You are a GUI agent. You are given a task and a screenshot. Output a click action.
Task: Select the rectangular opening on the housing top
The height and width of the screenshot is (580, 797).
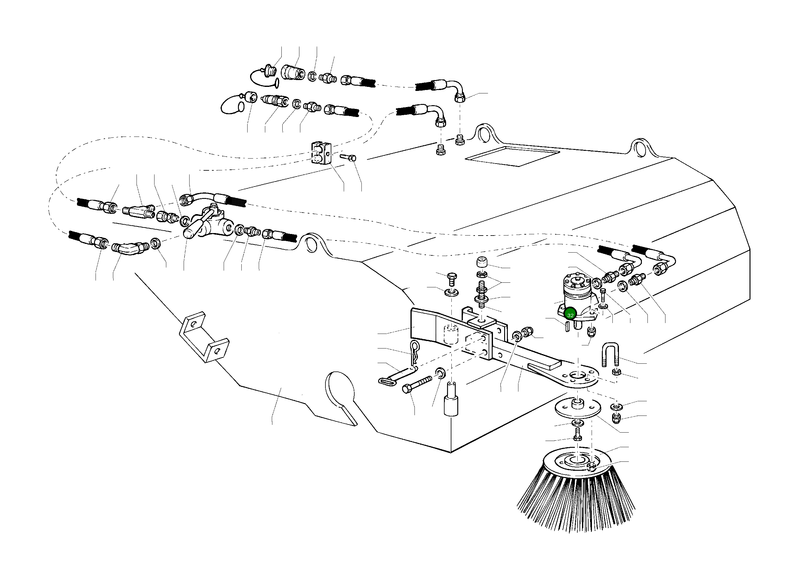point(512,156)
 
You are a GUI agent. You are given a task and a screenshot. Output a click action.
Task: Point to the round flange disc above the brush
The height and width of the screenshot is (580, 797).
point(577,408)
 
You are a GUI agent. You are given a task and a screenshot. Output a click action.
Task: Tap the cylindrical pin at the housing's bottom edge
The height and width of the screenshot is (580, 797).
point(451,404)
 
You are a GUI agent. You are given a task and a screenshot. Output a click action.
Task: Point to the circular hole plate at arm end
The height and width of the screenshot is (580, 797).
point(578,378)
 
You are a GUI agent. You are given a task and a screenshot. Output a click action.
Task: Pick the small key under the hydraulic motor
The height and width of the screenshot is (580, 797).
point(567,326)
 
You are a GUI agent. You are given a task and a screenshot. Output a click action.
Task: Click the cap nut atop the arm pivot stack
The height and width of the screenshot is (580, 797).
point(482,262)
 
